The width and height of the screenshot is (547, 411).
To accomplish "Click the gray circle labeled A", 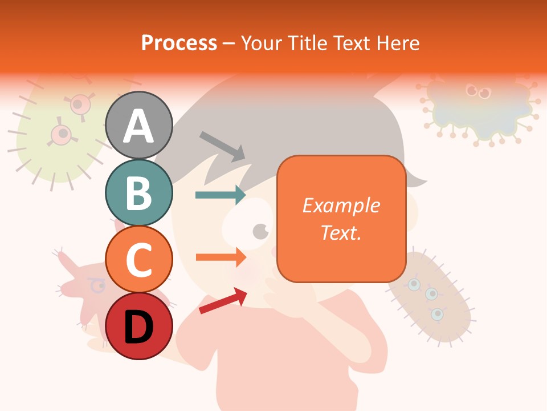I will coord(139,126).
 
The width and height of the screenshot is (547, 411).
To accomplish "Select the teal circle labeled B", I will coord(139,193).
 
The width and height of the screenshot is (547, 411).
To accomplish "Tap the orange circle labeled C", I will coord(139,259).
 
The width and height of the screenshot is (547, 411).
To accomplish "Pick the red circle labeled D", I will coord(139,326).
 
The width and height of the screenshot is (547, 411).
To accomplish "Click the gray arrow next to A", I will coord(222,146).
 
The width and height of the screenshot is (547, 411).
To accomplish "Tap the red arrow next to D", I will coord(223,301).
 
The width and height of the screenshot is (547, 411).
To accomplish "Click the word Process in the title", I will coord(179,43).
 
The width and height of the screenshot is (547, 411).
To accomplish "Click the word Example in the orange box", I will coord(341,205).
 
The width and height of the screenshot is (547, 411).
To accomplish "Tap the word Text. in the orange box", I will coord(341,232).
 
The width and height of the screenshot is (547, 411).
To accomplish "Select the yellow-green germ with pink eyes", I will coord(57,137).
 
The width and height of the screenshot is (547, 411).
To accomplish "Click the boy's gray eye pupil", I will coord(260,231).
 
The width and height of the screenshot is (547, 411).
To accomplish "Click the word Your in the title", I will coord(261,43).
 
